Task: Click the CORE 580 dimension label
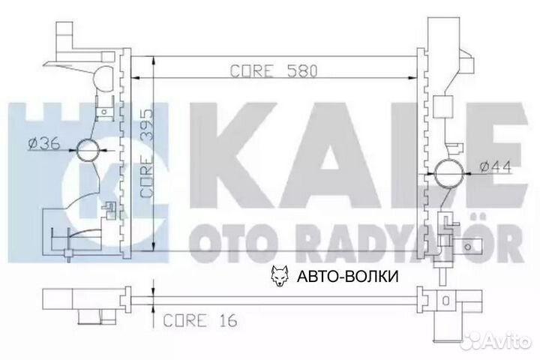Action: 274,71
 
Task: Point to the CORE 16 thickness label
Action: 200,320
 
